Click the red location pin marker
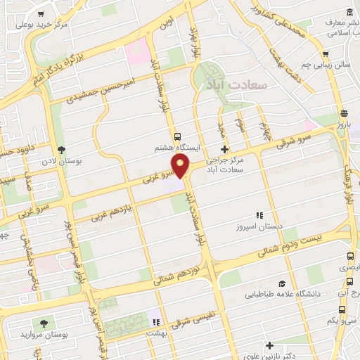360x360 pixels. click(181, 167)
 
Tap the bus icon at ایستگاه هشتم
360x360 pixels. click(176, 136)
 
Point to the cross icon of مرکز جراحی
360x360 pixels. click(224, 149)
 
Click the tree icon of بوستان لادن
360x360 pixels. click(61, 149)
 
